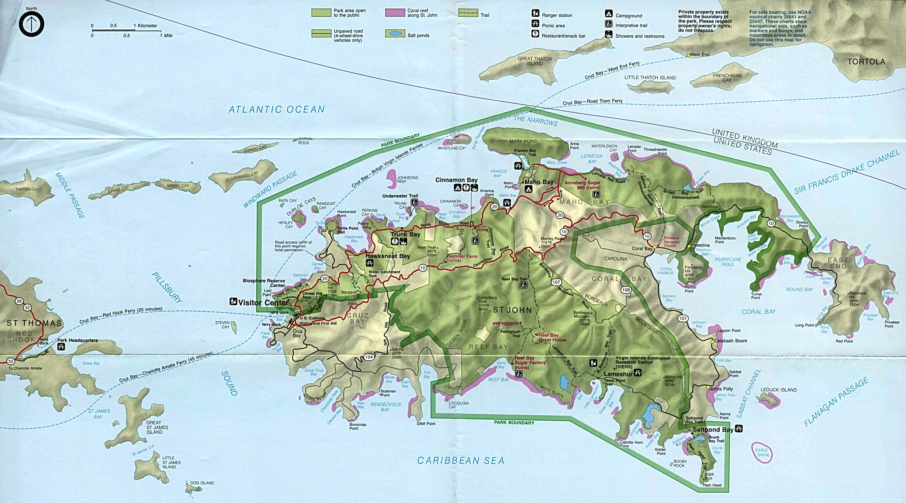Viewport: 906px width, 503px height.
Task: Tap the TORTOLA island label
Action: coord(866,62)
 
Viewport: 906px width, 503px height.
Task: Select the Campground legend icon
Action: coord(608,14)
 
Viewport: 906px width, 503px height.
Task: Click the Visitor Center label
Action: coord(263,303)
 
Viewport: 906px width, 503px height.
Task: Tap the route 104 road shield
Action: coord(369,357)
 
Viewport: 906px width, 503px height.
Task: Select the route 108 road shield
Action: coord(626,290)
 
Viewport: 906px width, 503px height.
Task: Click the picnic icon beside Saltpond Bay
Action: coord(738,429)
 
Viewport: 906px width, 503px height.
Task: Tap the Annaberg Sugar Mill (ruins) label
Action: coord(582,185)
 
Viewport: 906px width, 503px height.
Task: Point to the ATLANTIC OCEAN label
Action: coord(276,110)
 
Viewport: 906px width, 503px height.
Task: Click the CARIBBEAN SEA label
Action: coord(460,460)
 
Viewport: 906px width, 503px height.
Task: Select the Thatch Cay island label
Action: coord(27,189)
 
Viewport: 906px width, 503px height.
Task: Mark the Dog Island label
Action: coord(202,483)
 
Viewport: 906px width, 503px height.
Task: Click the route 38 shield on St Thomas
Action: coord(19,301)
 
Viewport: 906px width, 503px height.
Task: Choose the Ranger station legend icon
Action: coord(535,14)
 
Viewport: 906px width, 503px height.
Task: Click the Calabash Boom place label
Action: coord(730,341)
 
